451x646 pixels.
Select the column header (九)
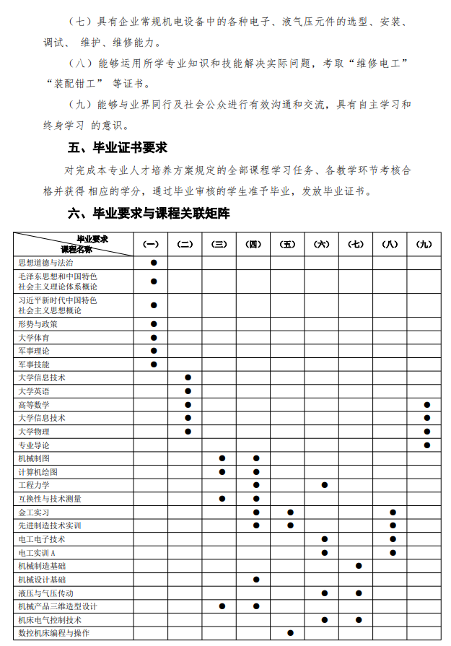point(424,244)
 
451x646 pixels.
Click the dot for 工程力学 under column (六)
point(325,485)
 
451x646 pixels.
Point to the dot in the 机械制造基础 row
point(359,566)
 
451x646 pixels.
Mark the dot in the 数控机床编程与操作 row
point(290,633)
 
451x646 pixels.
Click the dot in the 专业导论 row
point(427,445)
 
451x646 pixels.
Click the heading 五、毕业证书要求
point(118,148)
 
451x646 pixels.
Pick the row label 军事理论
point(34,351)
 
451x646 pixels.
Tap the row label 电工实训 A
point(37,552)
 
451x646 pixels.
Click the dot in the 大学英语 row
point(188,391)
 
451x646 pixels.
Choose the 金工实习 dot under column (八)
point(393,512)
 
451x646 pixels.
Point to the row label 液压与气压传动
point(45,593)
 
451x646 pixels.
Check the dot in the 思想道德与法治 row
point(154,263)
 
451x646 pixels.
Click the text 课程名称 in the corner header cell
point(76,248)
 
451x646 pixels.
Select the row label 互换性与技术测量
point(50,499)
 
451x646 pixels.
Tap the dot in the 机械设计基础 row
point(256,580)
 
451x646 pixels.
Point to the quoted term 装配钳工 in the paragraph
point(79,82)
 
